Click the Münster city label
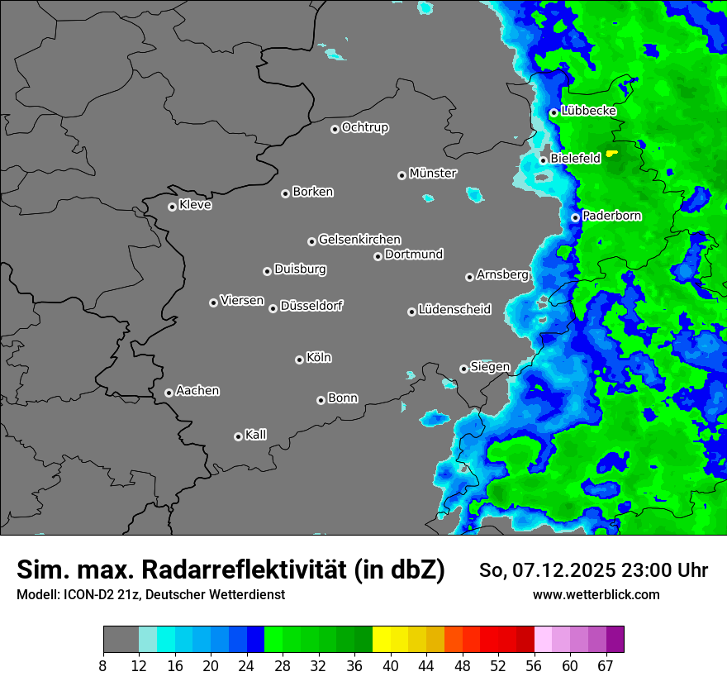433,174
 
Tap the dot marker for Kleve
172,207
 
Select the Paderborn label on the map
612,216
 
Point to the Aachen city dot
169,393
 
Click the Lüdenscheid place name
454,310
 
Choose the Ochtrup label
365,127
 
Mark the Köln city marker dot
299,360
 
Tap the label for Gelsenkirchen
359,240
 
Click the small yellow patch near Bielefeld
611,153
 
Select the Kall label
256,435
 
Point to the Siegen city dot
463,369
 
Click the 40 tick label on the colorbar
391,666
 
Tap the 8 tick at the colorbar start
102,666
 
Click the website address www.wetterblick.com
596,594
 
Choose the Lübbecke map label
588,111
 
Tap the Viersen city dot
213,303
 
